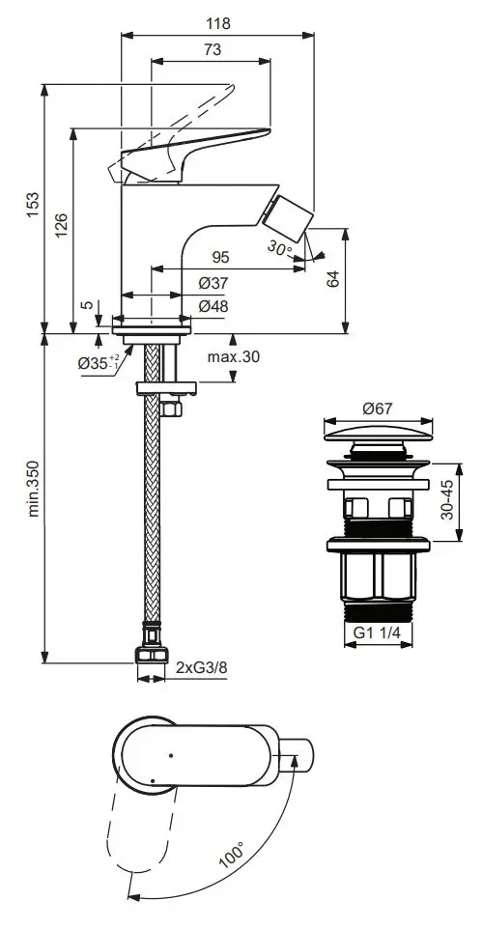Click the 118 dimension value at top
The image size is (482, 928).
(217, 24)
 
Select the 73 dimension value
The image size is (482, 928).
(212, 49)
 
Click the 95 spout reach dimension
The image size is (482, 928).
(221, 258)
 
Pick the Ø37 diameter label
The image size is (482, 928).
(213, 284)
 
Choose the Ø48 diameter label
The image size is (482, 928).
(213, 306)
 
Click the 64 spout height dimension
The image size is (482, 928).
(333, 279)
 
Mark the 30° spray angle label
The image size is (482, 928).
(279, 247)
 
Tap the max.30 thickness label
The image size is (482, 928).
(234, 357)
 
